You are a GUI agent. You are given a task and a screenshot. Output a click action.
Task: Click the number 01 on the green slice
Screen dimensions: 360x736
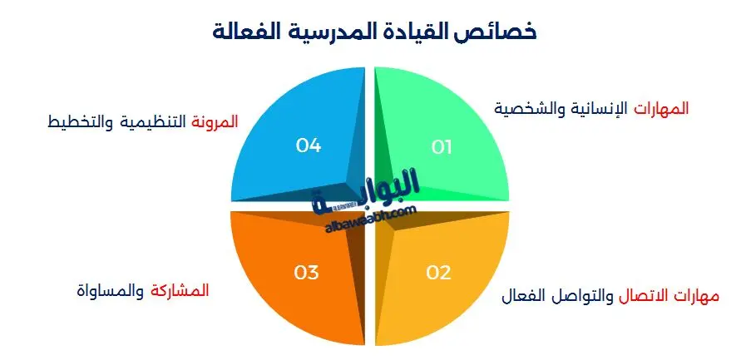pos(442,147)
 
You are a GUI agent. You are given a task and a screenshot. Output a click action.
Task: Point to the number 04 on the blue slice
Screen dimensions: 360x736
pos(309,145)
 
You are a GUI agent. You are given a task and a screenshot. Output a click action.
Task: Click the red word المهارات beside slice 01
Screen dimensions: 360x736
pos(662,108)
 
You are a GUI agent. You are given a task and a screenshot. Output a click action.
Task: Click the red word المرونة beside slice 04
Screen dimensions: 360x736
pos(215,121)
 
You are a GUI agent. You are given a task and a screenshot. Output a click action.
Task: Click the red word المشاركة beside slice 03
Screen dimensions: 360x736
pos(179,291)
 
